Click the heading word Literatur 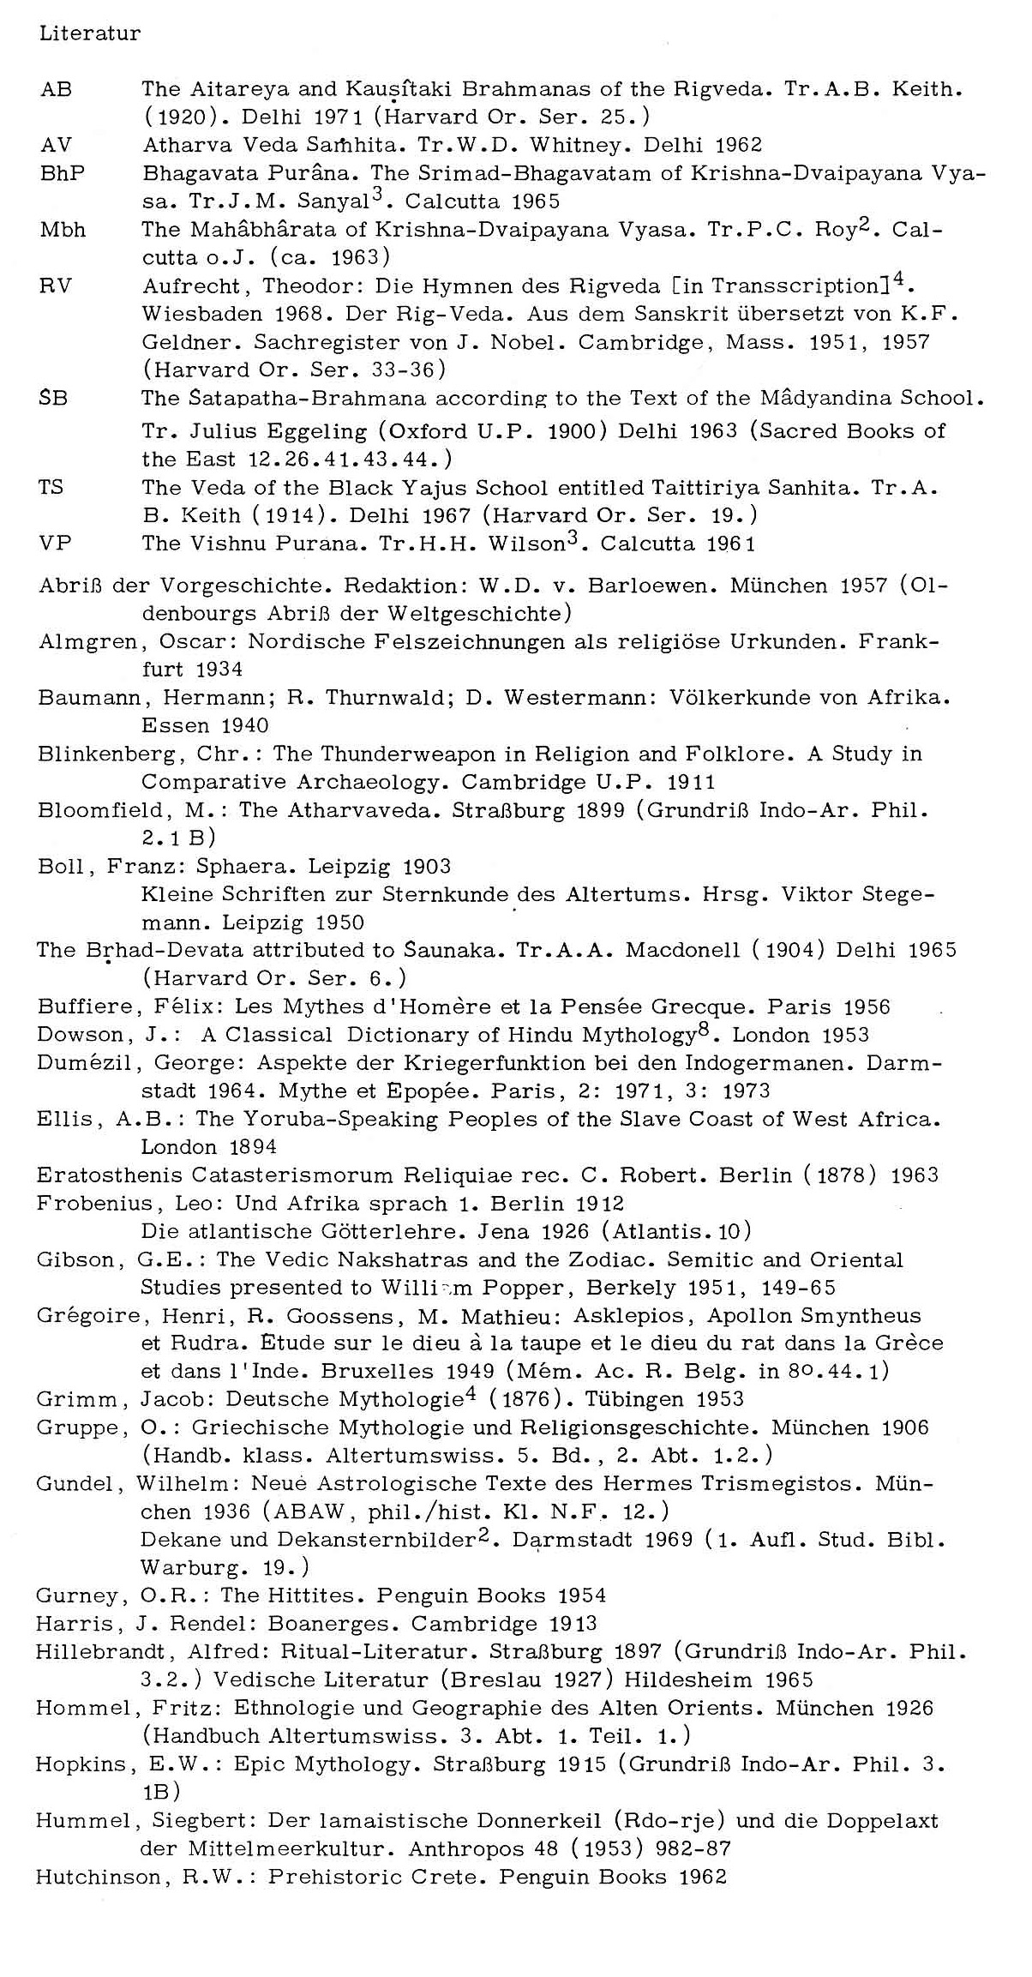(89, 34)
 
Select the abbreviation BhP (63, 173)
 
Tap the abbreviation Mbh (63, 230)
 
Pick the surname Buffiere (84, 1007)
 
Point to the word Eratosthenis (111, 1175)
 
